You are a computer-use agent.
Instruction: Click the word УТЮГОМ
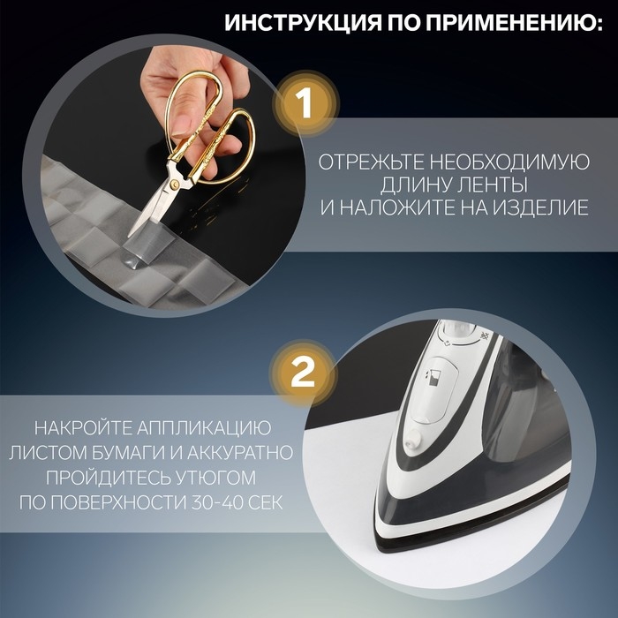(x=215, y=478)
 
